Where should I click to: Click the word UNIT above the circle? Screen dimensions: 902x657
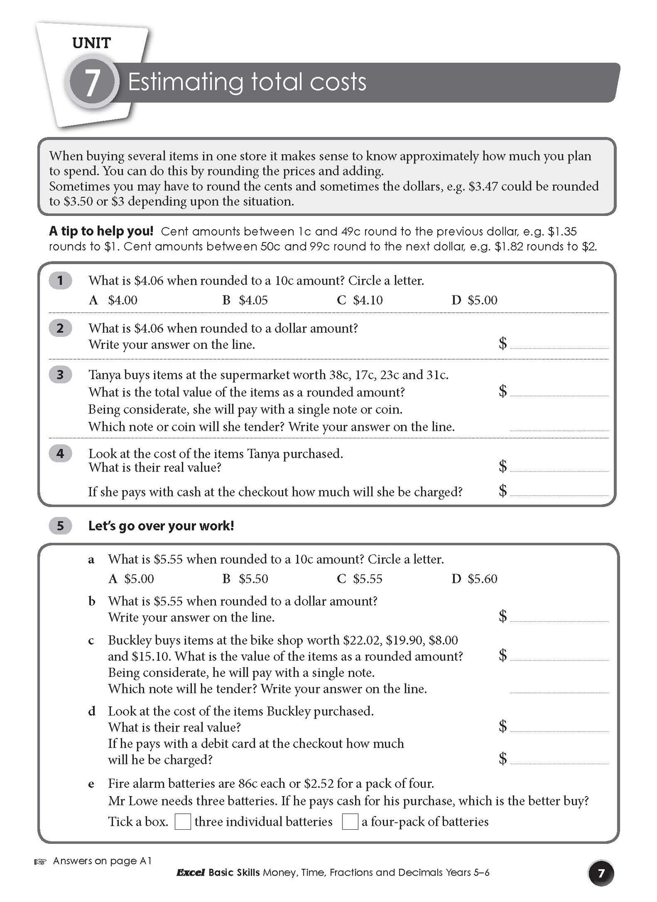(91, 44)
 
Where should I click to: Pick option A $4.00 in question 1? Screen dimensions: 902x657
(114, 300)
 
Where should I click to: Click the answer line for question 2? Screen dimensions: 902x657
(559, 346)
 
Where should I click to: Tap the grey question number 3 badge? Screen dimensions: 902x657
(60, 375)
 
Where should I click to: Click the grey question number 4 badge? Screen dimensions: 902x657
(60, 453)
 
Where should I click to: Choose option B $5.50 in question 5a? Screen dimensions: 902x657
(245, 579)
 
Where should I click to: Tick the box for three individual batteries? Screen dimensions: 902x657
(183, 822)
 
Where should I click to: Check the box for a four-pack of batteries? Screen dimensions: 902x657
(350, 822)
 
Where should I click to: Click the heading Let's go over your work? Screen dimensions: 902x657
(161, 526)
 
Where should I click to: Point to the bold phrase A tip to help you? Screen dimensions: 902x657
(101, 231)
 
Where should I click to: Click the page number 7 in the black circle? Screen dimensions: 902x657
(601, 874)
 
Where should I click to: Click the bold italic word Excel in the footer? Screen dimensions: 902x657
(190, 873)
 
